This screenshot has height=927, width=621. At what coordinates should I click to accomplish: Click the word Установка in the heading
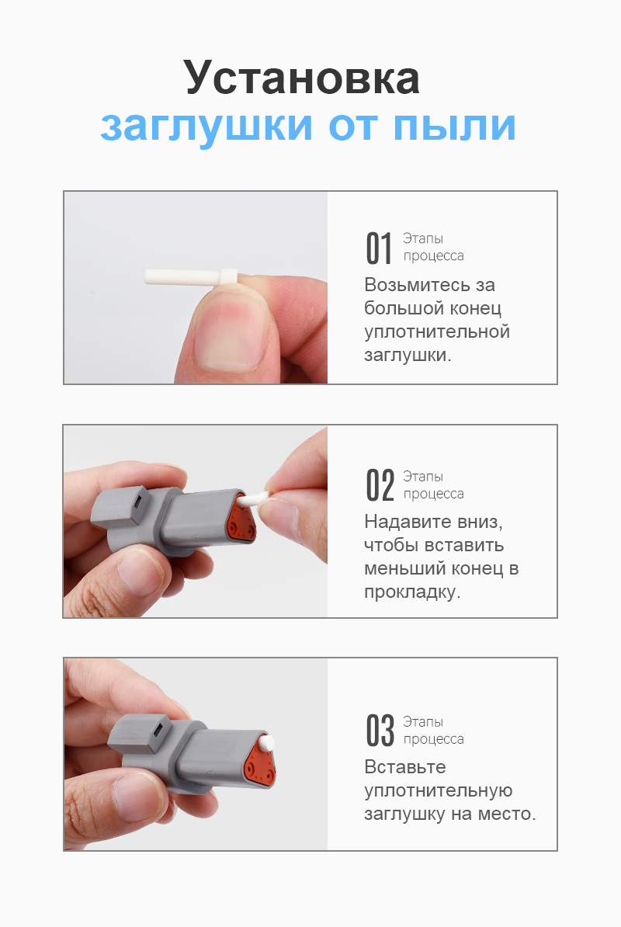point(301,78)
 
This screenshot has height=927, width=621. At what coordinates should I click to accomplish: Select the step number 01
point(379,248)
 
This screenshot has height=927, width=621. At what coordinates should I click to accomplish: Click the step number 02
point(380,485)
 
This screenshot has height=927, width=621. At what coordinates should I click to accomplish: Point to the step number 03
point(380,731)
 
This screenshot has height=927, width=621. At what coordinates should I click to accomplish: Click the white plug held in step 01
point(191,276)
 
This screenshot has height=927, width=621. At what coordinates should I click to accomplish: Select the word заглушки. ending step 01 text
point(407,356)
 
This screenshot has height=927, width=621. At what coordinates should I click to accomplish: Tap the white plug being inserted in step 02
point(255,498)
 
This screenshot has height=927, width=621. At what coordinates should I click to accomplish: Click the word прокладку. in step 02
point(412,592)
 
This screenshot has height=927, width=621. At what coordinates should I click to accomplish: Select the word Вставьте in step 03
point(404,767)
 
